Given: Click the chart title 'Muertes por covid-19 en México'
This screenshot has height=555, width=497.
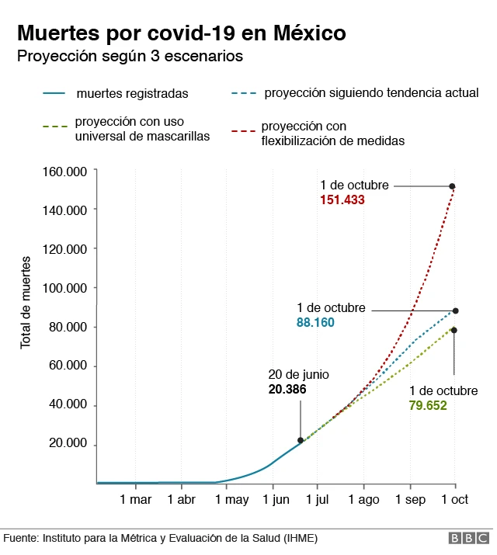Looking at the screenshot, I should (181, 33).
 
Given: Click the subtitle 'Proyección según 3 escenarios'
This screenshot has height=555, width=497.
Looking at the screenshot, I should (130, 57).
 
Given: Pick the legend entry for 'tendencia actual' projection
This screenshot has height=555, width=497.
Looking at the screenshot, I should (371, 92).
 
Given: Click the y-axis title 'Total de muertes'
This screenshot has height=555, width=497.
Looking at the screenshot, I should (26, 300).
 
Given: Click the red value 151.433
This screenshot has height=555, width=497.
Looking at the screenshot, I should (342, 199).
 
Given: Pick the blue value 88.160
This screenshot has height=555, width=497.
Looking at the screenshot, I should (315, 322).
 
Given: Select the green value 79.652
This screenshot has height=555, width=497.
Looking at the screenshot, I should (428, 404).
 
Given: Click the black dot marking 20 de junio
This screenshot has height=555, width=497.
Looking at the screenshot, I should (301, 440).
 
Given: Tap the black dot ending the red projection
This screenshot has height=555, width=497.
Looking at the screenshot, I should (452, 186).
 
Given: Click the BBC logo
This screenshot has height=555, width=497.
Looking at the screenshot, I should (469, 538).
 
